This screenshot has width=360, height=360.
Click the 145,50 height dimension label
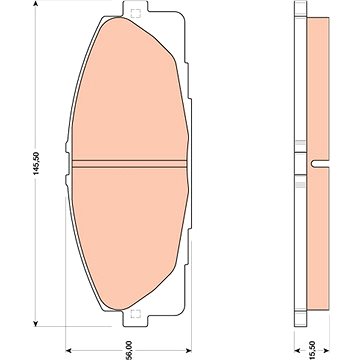point(36,163)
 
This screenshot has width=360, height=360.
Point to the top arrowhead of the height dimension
point(36,4)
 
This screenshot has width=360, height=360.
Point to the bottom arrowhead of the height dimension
point(36,323)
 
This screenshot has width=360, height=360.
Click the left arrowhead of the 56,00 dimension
point(69,350)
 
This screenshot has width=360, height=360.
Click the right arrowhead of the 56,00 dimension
point(188,350)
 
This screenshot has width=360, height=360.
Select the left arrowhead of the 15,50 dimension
point(297,350)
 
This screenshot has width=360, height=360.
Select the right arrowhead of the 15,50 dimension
point(326,350)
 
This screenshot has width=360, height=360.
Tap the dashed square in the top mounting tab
point(135,14)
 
